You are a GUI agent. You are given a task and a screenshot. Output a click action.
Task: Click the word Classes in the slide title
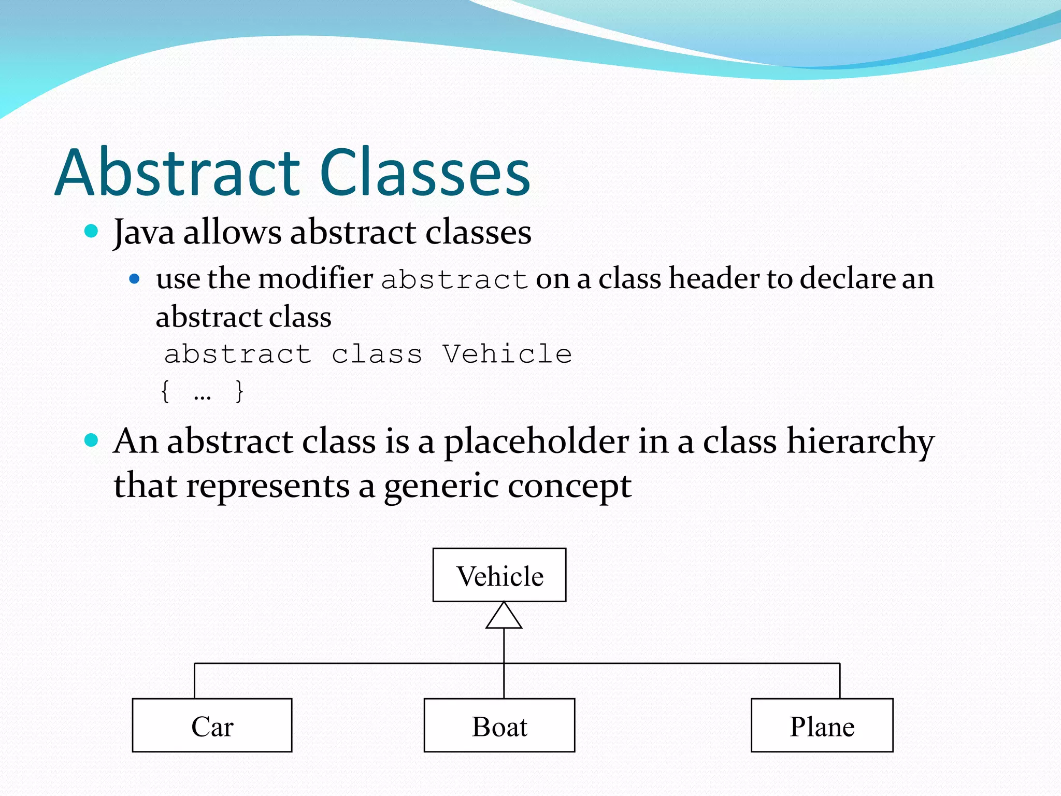click(x=425, y=173)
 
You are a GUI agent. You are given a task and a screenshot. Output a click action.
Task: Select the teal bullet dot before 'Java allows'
click(x=91, y=231)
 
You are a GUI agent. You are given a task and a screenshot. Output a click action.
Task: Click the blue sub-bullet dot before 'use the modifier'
click(x=135, y=279)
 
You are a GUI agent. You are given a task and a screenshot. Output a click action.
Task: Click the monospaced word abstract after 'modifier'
click(x=454, y=280)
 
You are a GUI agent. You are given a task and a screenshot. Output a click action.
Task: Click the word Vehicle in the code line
click(x=507, y=354)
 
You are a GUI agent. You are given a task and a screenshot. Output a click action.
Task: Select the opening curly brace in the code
click(x=165, y=391)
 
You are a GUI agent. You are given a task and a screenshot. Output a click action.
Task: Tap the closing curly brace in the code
click(x=239, y=391)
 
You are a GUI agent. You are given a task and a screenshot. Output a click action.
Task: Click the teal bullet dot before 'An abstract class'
click(x=91, y=440)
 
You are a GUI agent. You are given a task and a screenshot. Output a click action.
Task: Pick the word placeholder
click(x=536, y=442)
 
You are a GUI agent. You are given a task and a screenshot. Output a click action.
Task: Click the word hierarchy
click(x=860, y=442)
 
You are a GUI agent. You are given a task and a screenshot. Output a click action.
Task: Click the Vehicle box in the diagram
click(x=499, y=575)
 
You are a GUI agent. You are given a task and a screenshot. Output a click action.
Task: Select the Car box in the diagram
click(x=212, y=726)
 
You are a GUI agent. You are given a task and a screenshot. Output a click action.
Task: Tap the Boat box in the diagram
click(x=499, y=726)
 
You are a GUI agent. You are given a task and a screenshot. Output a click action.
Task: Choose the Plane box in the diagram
click(x=822, y=726)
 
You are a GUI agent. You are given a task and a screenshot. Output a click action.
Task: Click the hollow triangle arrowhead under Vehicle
click(x=504, y=617)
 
